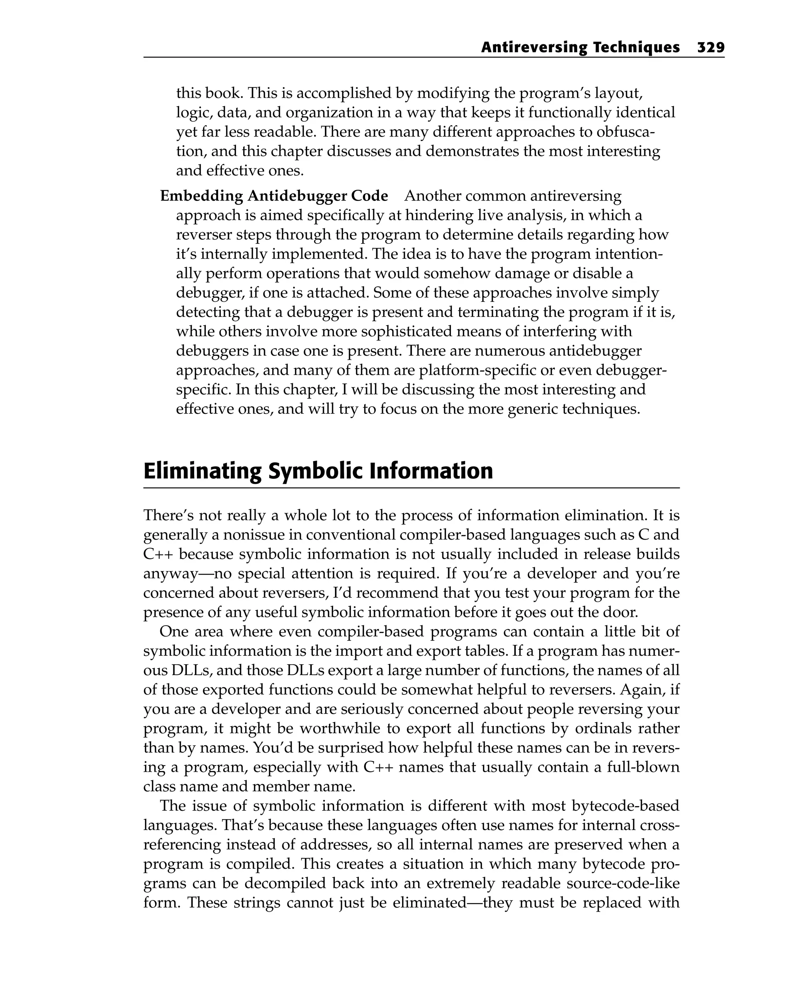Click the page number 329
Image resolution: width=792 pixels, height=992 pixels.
tap(710, 48)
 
